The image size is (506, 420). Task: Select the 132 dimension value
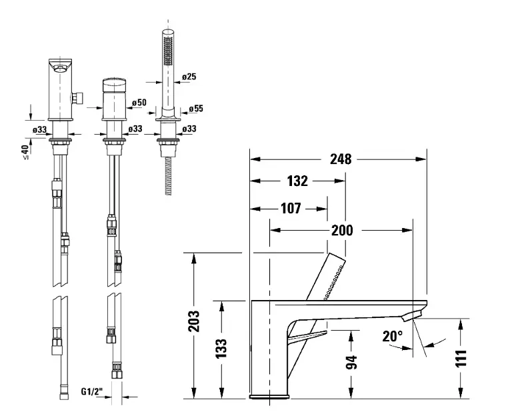pyautogui.click(x=298, y=181)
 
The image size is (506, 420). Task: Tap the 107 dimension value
pyautogui.click(x=290, y=207)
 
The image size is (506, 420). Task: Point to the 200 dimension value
pyautogui.click(x=342, y=231)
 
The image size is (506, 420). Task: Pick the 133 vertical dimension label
pyautogui.click(x=223, y=348)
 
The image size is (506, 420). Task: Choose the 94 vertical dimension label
pyautogui.click(x=352, y=362)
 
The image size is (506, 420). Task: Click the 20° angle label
pyautogui.click(x=393, y=337)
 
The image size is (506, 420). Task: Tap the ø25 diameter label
pyautogui.click(x=189, y=77)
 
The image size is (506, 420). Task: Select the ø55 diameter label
pyautogui.click(x=196, y=108)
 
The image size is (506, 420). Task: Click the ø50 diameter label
pyautogui.click(x=139, y=103)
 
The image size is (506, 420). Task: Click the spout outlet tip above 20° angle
pyautogui.click(x=417, y=312)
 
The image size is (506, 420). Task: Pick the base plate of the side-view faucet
pyautogui.click(x=269, y=398)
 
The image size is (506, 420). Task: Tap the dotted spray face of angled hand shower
pyautogui.click(x=334, y=280)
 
